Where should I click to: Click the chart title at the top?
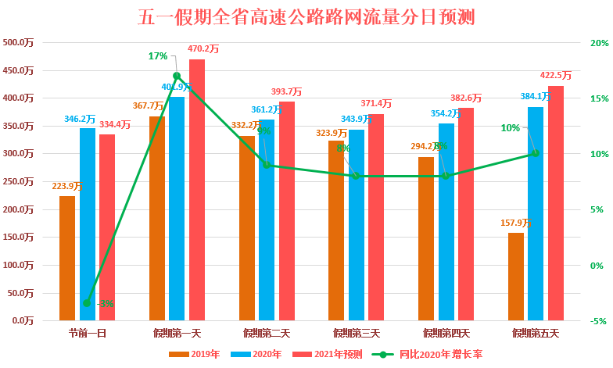tap(306, 16)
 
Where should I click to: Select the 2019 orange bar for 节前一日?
tap(67, 258)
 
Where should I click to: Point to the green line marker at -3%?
tap(87, 303)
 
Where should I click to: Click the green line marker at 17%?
tap(177, 76)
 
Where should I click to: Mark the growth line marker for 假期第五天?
tap(536, 153)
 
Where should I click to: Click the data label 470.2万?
tap(203, 48)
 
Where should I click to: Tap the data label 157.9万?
tap(516, 223)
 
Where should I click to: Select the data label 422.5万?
tap(556, 76)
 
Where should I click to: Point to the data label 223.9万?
tap(67, 186)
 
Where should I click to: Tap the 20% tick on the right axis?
tap(599, 43)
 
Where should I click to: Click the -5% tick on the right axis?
tap(598, 320)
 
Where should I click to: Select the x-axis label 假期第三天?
tap(356, 334)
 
